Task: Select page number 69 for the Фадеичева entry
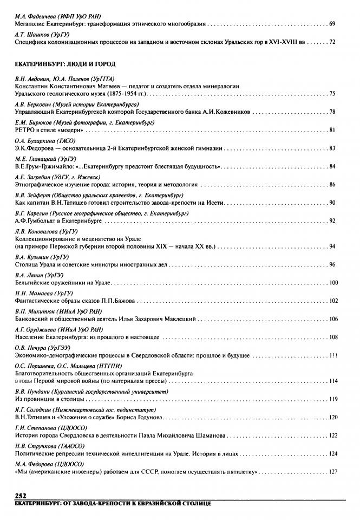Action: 332,25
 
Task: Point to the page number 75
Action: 332,94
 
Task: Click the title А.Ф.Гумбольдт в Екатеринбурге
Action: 55,220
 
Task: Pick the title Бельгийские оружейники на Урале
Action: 63,283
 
